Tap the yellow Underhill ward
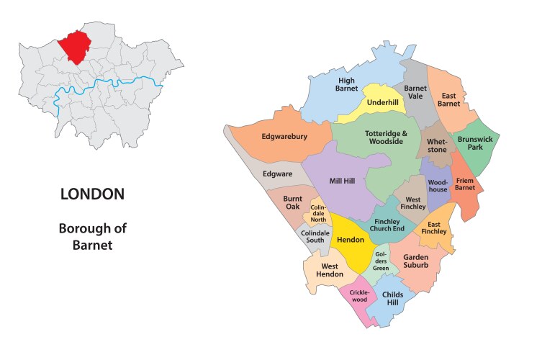(x=382, y=103)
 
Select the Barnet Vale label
(x=416, y=91)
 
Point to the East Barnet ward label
(x=450, y=99)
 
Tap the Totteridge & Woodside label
(x=386, y=138)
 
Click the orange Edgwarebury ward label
(x=284, y=136)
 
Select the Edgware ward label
(x=277, y=174)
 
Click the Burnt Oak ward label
(x=292, y=202)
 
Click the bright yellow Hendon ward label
(x=350, y=240)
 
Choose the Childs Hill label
(x=392, y=299)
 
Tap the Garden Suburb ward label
(x=415, y=261)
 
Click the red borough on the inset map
(x=75, y=47)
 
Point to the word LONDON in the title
(x=92, y=194)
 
